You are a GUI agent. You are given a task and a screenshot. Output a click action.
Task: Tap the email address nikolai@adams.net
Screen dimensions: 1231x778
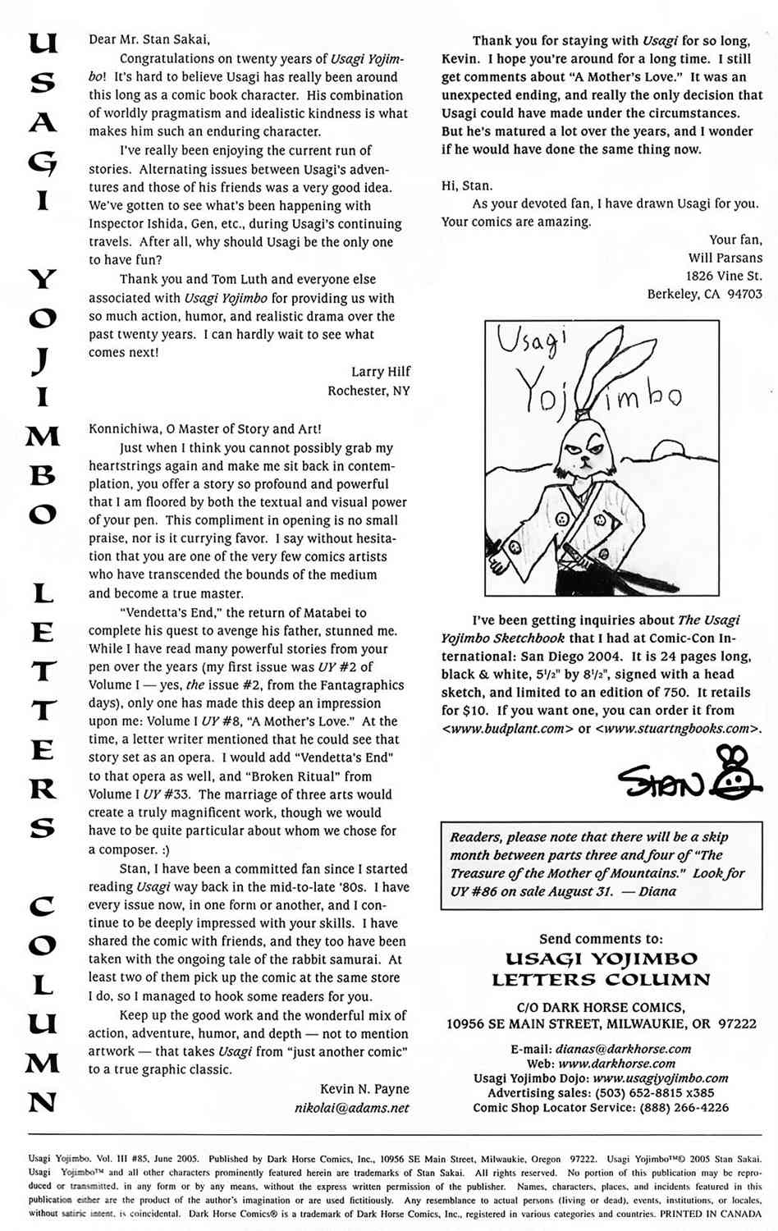[351, 1108]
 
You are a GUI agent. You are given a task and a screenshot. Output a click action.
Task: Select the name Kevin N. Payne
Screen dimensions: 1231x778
[364, 1089]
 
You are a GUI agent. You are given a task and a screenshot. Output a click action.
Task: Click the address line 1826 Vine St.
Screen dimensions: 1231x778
[724, 276]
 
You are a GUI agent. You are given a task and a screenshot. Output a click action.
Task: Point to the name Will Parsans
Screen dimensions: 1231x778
[725, 258]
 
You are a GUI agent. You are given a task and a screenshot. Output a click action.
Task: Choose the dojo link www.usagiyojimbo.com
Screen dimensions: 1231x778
[660, 1078]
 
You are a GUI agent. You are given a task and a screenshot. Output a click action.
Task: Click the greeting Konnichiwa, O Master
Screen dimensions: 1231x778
[205, 429]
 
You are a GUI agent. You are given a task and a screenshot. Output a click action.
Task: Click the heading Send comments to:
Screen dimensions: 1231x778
[601, 939]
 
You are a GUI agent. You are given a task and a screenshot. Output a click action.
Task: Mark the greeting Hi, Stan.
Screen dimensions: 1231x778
[467, 185]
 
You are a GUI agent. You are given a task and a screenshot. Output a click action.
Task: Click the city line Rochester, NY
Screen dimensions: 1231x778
[368, 391]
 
